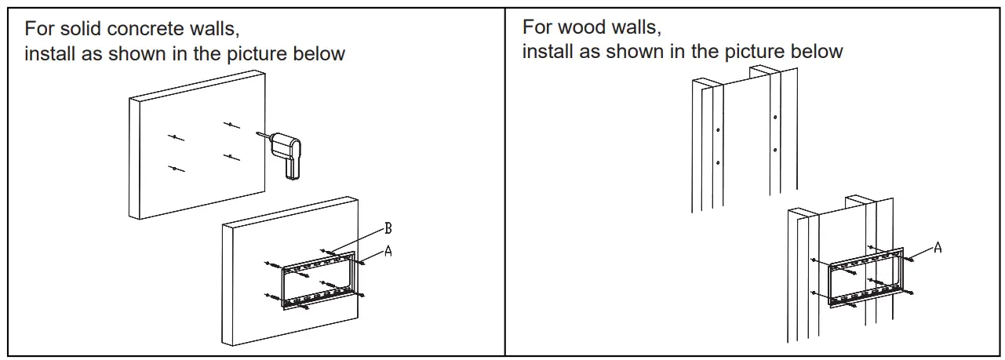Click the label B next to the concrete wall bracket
388,228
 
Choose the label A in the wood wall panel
938,248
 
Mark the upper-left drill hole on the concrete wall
177,137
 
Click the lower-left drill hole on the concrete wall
177,169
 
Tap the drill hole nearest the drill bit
231,125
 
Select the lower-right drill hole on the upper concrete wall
231,158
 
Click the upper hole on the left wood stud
717,129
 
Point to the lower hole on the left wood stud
717,163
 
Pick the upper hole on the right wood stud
774,118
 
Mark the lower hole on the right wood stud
774,149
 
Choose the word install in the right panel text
547,52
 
